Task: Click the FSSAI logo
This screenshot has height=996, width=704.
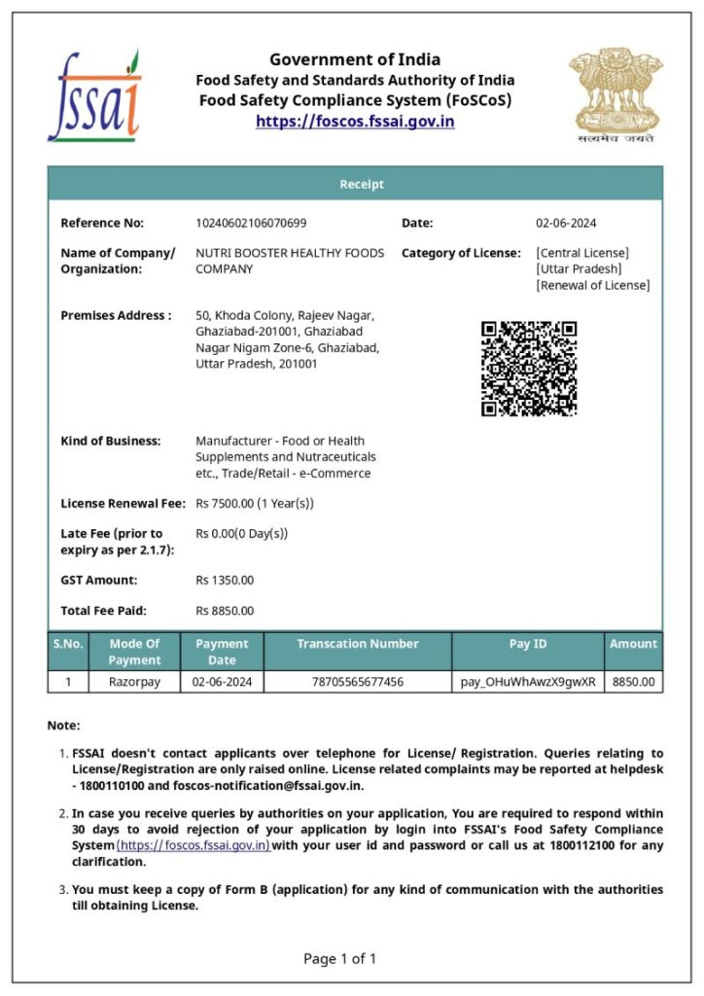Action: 94,95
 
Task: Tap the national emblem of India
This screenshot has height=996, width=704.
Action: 616,93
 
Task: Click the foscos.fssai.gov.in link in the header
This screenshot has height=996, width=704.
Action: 355,122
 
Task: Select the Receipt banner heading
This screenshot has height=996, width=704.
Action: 361,184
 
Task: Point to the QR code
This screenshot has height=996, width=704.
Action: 529,369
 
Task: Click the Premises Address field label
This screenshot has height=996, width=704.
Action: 116,315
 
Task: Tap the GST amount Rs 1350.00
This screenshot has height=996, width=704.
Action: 225,580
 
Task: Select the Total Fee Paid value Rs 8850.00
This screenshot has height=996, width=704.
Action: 225,611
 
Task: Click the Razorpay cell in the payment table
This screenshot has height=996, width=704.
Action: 135,682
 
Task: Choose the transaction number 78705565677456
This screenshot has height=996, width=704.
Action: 357,682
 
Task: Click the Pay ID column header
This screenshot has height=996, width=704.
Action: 528,644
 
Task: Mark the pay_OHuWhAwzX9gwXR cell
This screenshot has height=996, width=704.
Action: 528,682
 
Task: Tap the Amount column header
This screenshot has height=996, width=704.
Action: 633,644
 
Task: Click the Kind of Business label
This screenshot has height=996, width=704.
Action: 110,441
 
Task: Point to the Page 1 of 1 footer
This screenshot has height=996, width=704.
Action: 339,959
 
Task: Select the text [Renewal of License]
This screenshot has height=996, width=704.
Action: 593,285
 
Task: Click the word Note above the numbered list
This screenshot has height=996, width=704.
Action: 63,725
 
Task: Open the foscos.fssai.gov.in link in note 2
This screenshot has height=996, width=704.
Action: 194,846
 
